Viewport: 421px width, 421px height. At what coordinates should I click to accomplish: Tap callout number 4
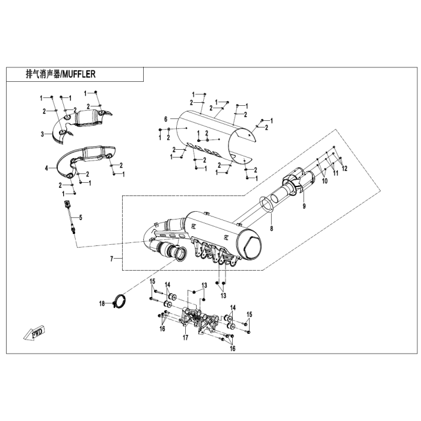(45, 169)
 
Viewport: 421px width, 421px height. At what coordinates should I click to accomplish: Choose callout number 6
(164, 120)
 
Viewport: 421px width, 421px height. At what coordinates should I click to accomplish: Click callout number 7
(111, 259)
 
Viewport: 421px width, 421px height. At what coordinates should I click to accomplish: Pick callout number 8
(271, 229)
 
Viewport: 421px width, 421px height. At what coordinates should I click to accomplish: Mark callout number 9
(304, 206)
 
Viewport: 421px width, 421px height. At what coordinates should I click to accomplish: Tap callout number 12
(345, 170)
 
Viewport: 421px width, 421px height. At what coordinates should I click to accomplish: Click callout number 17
(186, 337)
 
